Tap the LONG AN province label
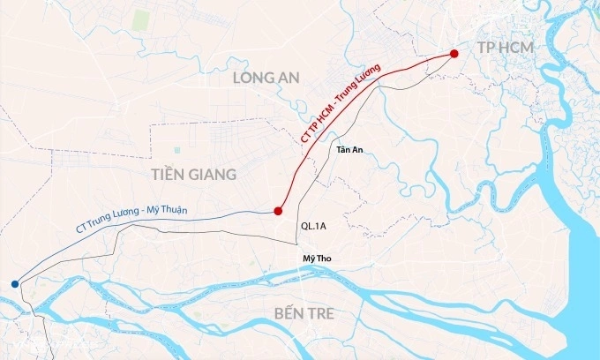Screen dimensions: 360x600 [266, 79]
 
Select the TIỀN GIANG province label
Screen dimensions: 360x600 [193, 175]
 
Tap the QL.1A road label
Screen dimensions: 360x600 [314, 227]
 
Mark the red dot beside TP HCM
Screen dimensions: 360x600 [454, 54]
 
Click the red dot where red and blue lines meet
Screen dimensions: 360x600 [278, 211]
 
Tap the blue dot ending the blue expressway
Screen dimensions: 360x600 [14, 283]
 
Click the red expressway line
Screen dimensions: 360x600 [388, 78]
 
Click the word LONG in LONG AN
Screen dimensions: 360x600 [251, 79]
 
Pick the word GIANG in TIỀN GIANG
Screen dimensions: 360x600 [210, 175]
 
